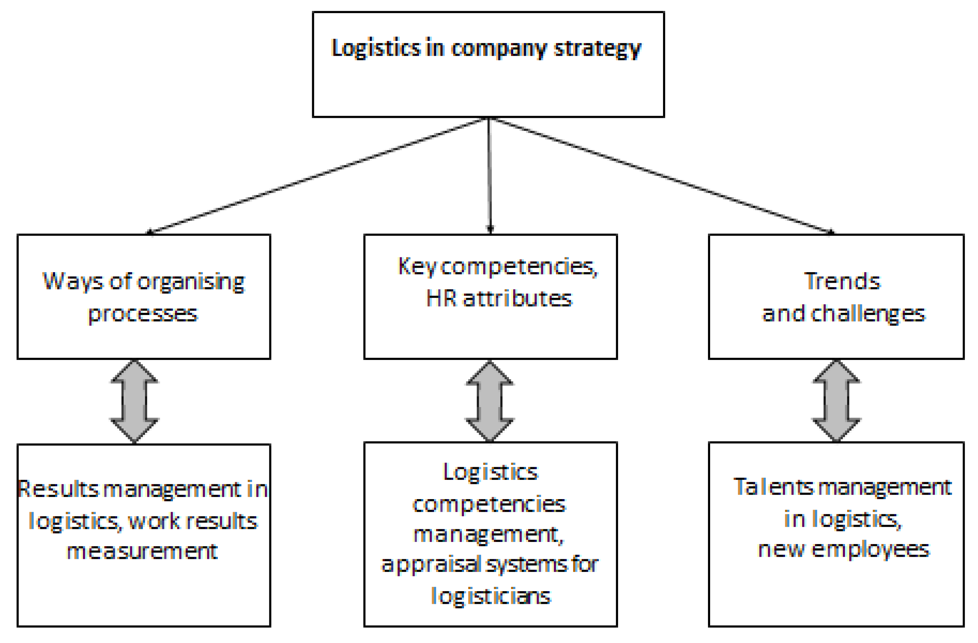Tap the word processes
(x=142, y=314)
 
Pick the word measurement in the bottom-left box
(x=142, y=551)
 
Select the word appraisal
(x=431, y=564)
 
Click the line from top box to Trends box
(x=662, y=176)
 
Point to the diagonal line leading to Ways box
(x=316, y=176)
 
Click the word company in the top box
(x=499, y=49)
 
